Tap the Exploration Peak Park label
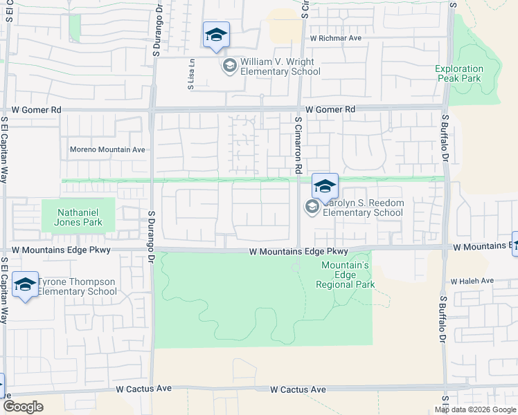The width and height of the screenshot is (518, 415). (x=459, y=73)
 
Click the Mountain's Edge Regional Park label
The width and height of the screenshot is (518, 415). (x=345, y=275)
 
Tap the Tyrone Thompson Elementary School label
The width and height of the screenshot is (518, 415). (x=77, y=286)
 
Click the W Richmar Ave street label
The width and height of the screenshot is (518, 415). (x=336, y=38)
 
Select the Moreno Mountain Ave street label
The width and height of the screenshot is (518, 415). (x=107, y=149)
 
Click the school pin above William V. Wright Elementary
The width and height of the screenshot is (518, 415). (x=216, y=35)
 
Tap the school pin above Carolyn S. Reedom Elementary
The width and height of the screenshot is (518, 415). (x=325, y=185)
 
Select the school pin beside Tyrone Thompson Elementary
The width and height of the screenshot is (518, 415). (x=25, y=285)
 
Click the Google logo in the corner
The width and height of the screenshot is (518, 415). (x=23, y=407)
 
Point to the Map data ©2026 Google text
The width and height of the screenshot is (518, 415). (x=475, y=409)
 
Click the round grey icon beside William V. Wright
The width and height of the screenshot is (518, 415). (x=229, y=66)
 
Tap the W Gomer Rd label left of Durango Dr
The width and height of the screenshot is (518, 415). (x=37, y=109)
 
